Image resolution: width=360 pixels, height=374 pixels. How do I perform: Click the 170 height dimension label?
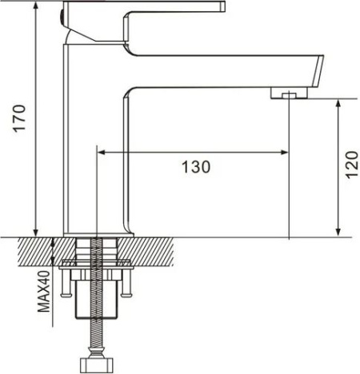point(19,118)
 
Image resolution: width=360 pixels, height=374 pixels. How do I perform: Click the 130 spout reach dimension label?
point(196,167)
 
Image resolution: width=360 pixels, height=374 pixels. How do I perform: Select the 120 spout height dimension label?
point(351,165)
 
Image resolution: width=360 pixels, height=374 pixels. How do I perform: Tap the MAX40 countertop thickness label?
point(44,291)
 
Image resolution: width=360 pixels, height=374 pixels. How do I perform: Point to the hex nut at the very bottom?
point(97,365)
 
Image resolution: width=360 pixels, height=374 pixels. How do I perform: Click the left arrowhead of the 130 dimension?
point(102,153)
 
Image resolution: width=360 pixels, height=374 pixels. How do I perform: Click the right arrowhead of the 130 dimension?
point(285,153)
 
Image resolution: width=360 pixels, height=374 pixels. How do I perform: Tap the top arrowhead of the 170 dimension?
point(35,5)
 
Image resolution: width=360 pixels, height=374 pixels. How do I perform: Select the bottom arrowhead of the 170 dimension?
point(35,233)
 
